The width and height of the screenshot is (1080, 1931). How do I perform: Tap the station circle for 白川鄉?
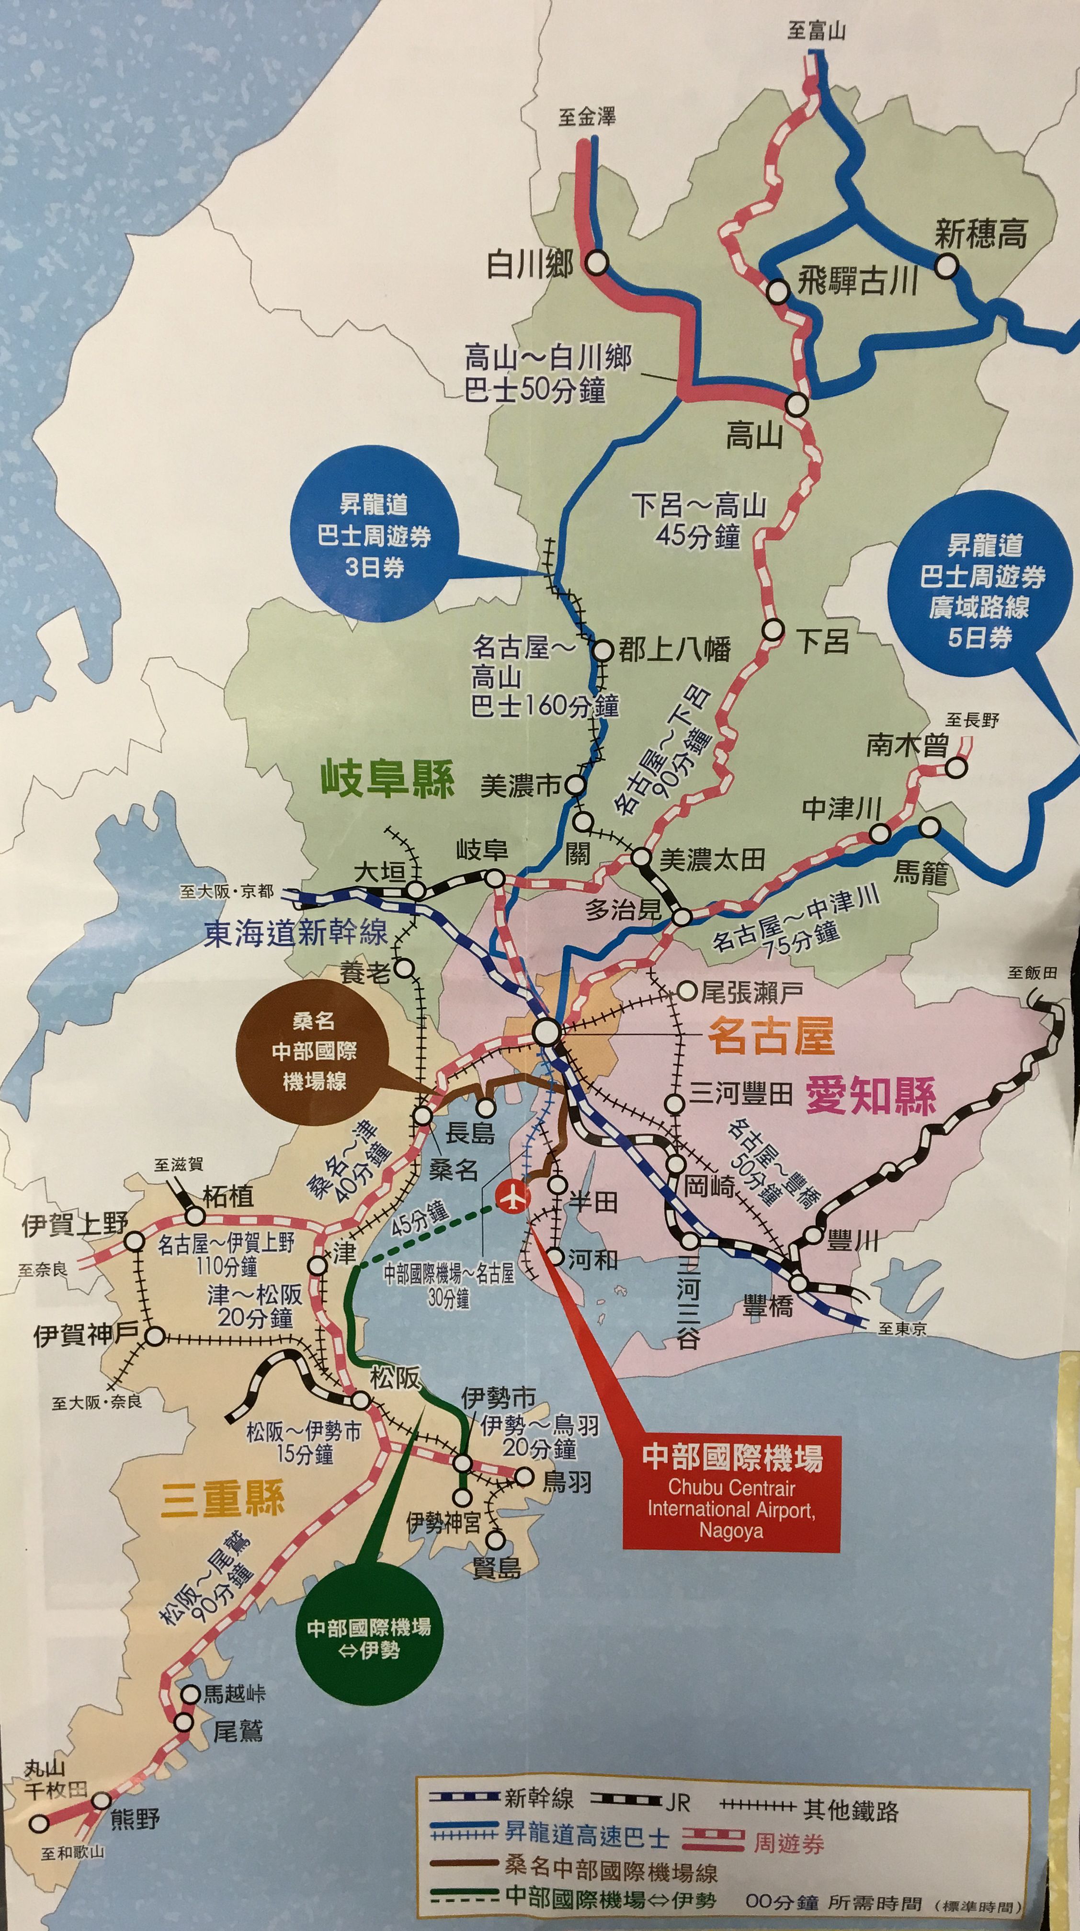click(597, 262)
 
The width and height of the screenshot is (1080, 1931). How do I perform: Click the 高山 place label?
click(753, 435)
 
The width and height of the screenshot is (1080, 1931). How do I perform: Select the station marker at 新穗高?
click(946, 265)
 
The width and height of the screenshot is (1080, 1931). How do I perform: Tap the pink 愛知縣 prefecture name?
click(870, 1095)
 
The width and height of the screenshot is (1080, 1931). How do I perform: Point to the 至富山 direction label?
click(816, 31)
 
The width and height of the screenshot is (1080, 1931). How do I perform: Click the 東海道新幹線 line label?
click(296, 932)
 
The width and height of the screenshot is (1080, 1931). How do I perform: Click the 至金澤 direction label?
click(586, 117)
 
